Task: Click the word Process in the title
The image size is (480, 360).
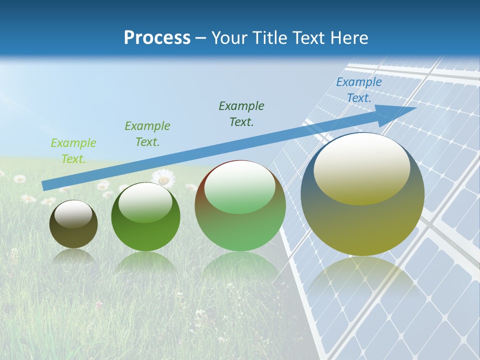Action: tap(157, 38)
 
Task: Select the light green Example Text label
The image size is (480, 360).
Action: tap(73, 151)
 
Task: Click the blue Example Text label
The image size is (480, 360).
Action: tap(358, 90)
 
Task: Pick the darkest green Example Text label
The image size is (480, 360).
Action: tap(241, 113)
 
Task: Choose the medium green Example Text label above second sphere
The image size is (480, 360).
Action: tap(147, 134)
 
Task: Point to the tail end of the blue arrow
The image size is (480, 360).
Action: tap(45, 185)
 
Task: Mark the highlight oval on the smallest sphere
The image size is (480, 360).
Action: tap(73, 214)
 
